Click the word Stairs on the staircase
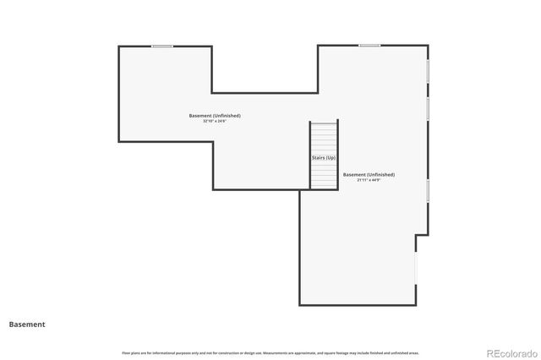pos(319,158)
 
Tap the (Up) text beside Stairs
pos(331,158)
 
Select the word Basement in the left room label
pos(199,116)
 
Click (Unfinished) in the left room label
pos(227,116)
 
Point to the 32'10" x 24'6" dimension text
pos(215,121)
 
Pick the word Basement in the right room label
pos(354,175)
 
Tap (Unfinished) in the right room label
pos(381,175)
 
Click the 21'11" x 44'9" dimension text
pos(369,180)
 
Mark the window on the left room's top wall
pos(161,46)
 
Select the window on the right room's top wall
pos(369,46)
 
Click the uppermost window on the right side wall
pos(428,71)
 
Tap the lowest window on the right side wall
pos(428,190)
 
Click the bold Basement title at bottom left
pos(27,324)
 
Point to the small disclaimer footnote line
pos(270,352)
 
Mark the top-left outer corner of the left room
pos(118,46)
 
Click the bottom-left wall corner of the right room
pos(299,304)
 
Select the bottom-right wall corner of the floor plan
pos(416,304)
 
